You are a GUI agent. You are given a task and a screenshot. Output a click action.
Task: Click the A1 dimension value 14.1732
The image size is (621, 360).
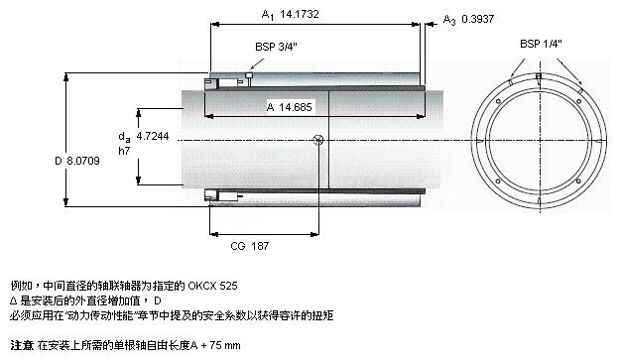(x=299, y=14)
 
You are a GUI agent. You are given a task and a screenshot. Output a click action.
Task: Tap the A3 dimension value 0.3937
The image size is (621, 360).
(x=477, y=19)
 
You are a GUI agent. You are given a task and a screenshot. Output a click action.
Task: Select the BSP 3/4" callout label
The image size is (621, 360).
(x=276, y=47)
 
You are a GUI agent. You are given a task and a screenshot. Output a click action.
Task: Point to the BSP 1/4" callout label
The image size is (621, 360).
(x=541, y=44)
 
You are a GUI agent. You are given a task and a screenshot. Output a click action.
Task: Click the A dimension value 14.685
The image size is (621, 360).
(x=295, y=107)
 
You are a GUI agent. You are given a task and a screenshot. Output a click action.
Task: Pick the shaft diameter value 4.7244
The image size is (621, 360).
(x=153, y=136)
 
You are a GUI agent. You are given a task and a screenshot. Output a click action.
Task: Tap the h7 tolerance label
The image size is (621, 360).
(x=124, y=151)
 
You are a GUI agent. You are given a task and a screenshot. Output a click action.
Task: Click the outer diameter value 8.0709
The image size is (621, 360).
(x=83, y=161)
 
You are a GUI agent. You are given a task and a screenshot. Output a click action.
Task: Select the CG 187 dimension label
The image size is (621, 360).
(x=250, y=246)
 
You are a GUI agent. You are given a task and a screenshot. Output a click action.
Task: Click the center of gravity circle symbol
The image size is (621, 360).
(x=318, y=140)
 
